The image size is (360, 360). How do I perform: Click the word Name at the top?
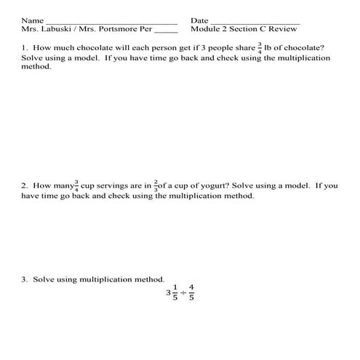32,20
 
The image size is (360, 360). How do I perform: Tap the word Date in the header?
199,20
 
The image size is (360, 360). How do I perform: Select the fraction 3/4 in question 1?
258,48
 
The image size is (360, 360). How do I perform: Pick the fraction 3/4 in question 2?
73,186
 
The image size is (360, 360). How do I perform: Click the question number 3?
23,279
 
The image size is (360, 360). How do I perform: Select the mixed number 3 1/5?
172,293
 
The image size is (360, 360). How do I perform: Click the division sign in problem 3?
182,294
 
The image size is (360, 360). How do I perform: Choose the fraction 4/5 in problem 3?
191,293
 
